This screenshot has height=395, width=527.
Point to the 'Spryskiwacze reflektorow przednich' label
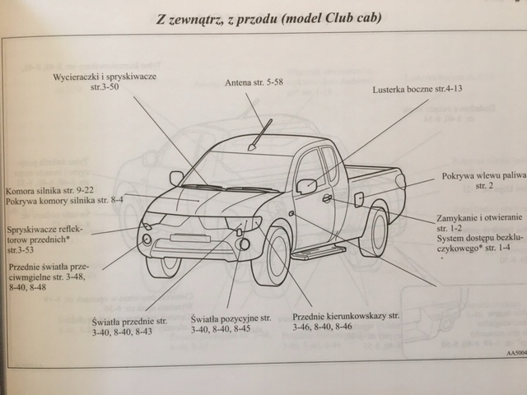click(49, 234)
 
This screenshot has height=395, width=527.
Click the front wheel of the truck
click(272, 256)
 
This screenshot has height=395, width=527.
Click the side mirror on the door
click(305, 186)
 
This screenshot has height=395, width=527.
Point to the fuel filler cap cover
click(358, 198)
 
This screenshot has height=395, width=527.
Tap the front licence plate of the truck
click(189, 239)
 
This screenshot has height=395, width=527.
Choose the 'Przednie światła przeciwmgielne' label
click(47, 277)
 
